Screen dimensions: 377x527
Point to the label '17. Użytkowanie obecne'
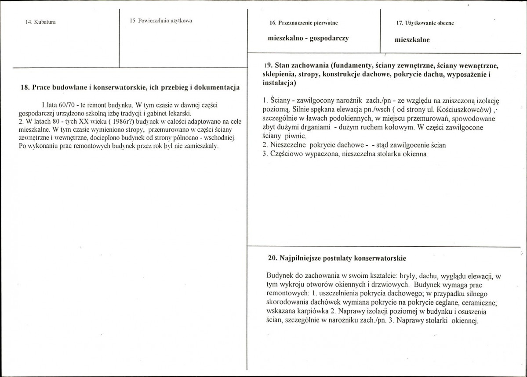[x=422, y=22]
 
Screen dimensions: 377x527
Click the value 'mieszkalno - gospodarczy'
[x=308, y=38]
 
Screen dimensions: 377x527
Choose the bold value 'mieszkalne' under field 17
[x=412, y=39]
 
